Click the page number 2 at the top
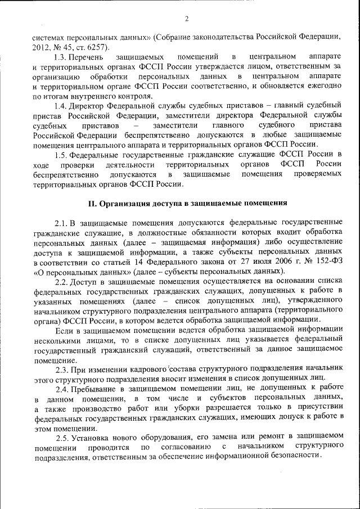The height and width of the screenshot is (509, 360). coord(186,19)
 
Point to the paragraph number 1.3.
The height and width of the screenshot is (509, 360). coord(60,57)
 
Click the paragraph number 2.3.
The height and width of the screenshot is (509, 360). coord(62,369)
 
